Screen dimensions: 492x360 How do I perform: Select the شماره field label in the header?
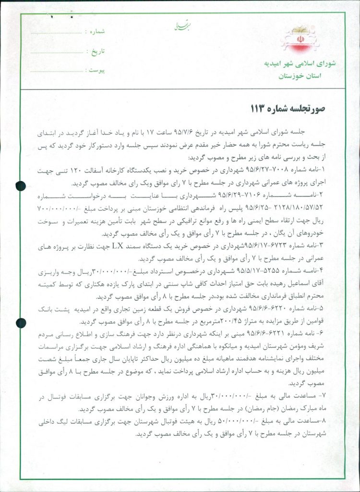[95, 32]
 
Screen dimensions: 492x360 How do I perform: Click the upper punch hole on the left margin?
[21, 185]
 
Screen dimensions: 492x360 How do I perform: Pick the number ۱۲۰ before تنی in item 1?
[71, 171]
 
